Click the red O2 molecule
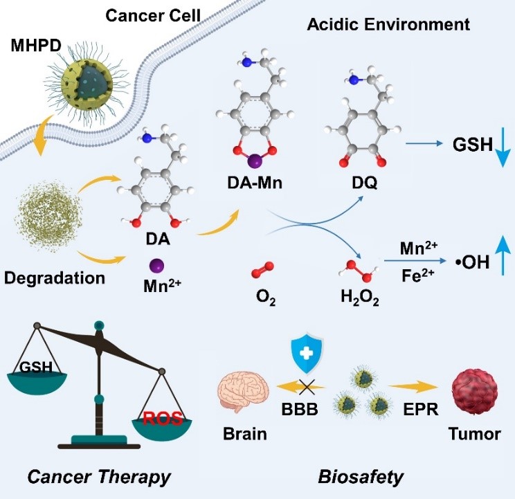(x=262, y=269)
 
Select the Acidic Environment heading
(x=388, y=25)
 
